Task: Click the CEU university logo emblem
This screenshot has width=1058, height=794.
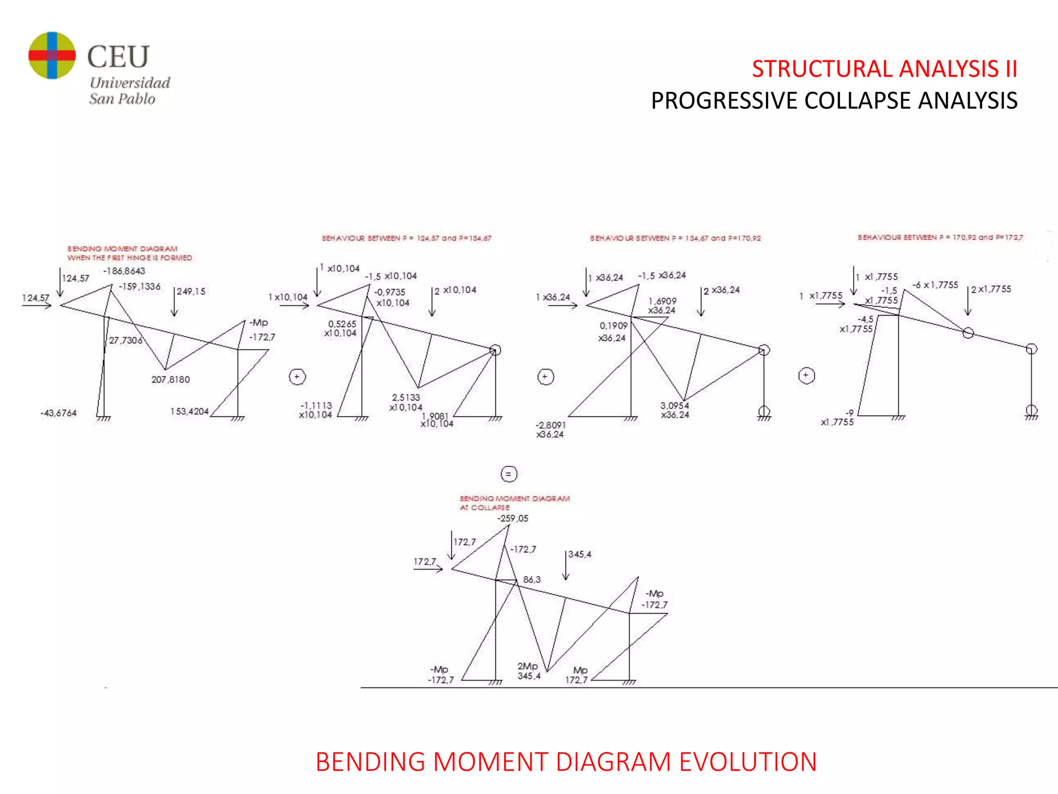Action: click(x=52, y=55)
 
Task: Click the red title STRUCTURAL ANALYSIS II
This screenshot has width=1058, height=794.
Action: click(x=884, y=69)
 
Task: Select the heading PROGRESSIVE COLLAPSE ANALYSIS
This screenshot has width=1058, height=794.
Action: click(x=834, y=100)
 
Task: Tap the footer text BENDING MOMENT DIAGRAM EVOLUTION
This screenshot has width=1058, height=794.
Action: click(x=566, y=761)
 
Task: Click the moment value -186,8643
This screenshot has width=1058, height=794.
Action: click(x=124, y=271)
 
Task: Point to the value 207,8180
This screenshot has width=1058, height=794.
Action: click(x=170, y=379)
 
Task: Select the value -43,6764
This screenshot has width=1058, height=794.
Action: click(x=58, y=413)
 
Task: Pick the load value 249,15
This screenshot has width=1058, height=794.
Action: click(x=191, y=292)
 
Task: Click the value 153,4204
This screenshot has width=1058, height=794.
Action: click(x=190, y=411)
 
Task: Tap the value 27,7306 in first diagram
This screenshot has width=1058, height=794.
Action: click(x=126, y=340)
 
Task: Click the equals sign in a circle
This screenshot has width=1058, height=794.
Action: click(x=508, y=474)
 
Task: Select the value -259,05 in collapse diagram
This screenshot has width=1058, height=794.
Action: click(x=512, y=518)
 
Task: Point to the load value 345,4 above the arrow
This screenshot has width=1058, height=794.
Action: click(x=580, y=554)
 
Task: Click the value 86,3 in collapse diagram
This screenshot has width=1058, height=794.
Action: click(x=532, y=579)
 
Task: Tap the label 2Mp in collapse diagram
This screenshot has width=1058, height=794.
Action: click(x=527, y=666)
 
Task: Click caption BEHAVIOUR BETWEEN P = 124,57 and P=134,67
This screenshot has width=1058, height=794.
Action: click(x=407, y=238)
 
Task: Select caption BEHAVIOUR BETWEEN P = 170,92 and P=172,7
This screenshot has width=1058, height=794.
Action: click(x=940, y=237)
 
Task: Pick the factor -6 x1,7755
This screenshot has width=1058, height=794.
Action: click(x=935, y=285)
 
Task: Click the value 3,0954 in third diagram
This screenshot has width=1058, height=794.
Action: click(x=674, y=405)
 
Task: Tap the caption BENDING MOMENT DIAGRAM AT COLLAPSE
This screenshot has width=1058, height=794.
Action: click(x=515, y=503)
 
